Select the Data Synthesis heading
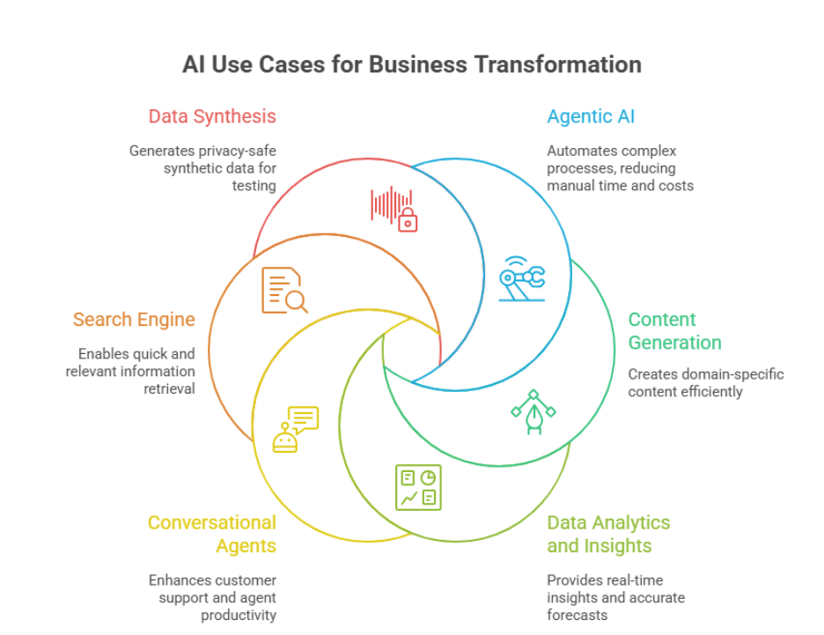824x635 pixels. [212, 116]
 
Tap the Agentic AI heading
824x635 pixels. [591, 116]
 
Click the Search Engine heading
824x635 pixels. [134, 319]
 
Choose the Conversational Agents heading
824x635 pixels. [212, 534]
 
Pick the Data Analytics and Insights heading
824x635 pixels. [608, 534]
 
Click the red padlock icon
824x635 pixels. [407, 220]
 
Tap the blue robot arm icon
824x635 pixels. [522, 279]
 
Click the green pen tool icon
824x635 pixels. [533, 411]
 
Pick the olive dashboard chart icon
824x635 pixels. [418, 487]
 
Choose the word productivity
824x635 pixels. [239, 615]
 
